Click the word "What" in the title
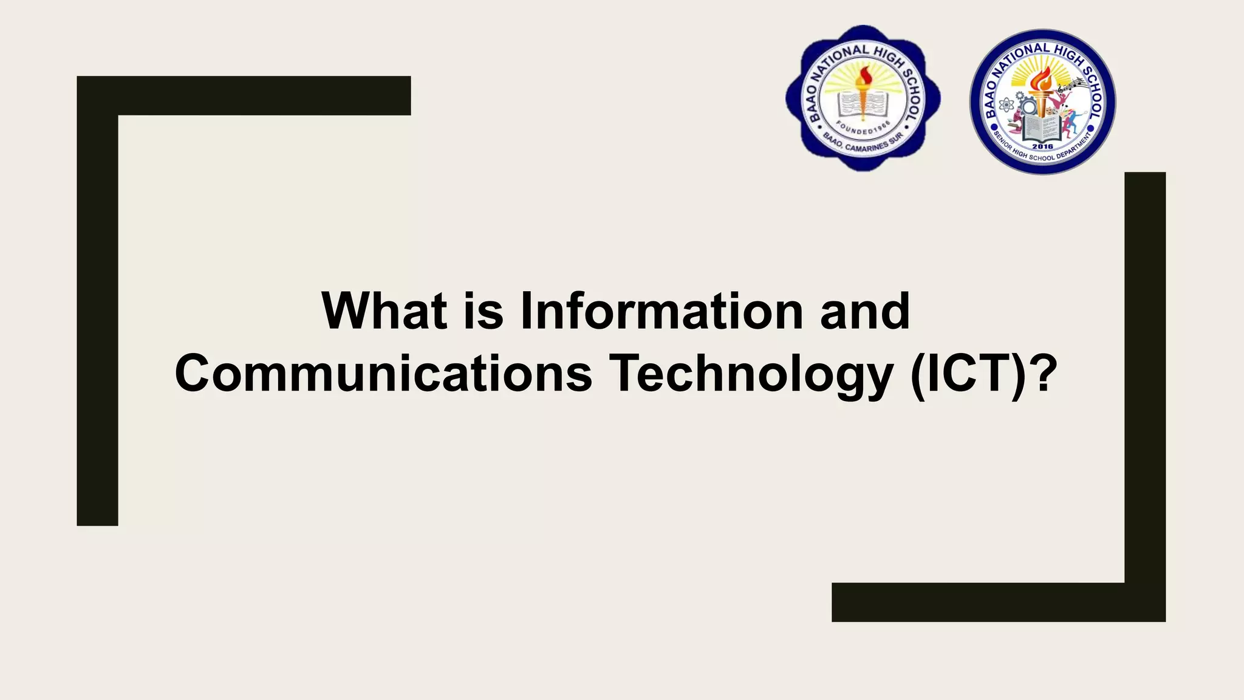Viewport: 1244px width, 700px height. (384, 311)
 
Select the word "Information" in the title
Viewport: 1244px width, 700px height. (661, 311)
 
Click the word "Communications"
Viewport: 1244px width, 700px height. (383, 374)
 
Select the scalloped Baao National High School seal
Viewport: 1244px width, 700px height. (863, 98)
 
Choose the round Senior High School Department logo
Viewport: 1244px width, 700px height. (1042, 101)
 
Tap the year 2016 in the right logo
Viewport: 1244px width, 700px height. (1042, 146)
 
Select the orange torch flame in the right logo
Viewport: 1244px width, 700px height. (1042, 79)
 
